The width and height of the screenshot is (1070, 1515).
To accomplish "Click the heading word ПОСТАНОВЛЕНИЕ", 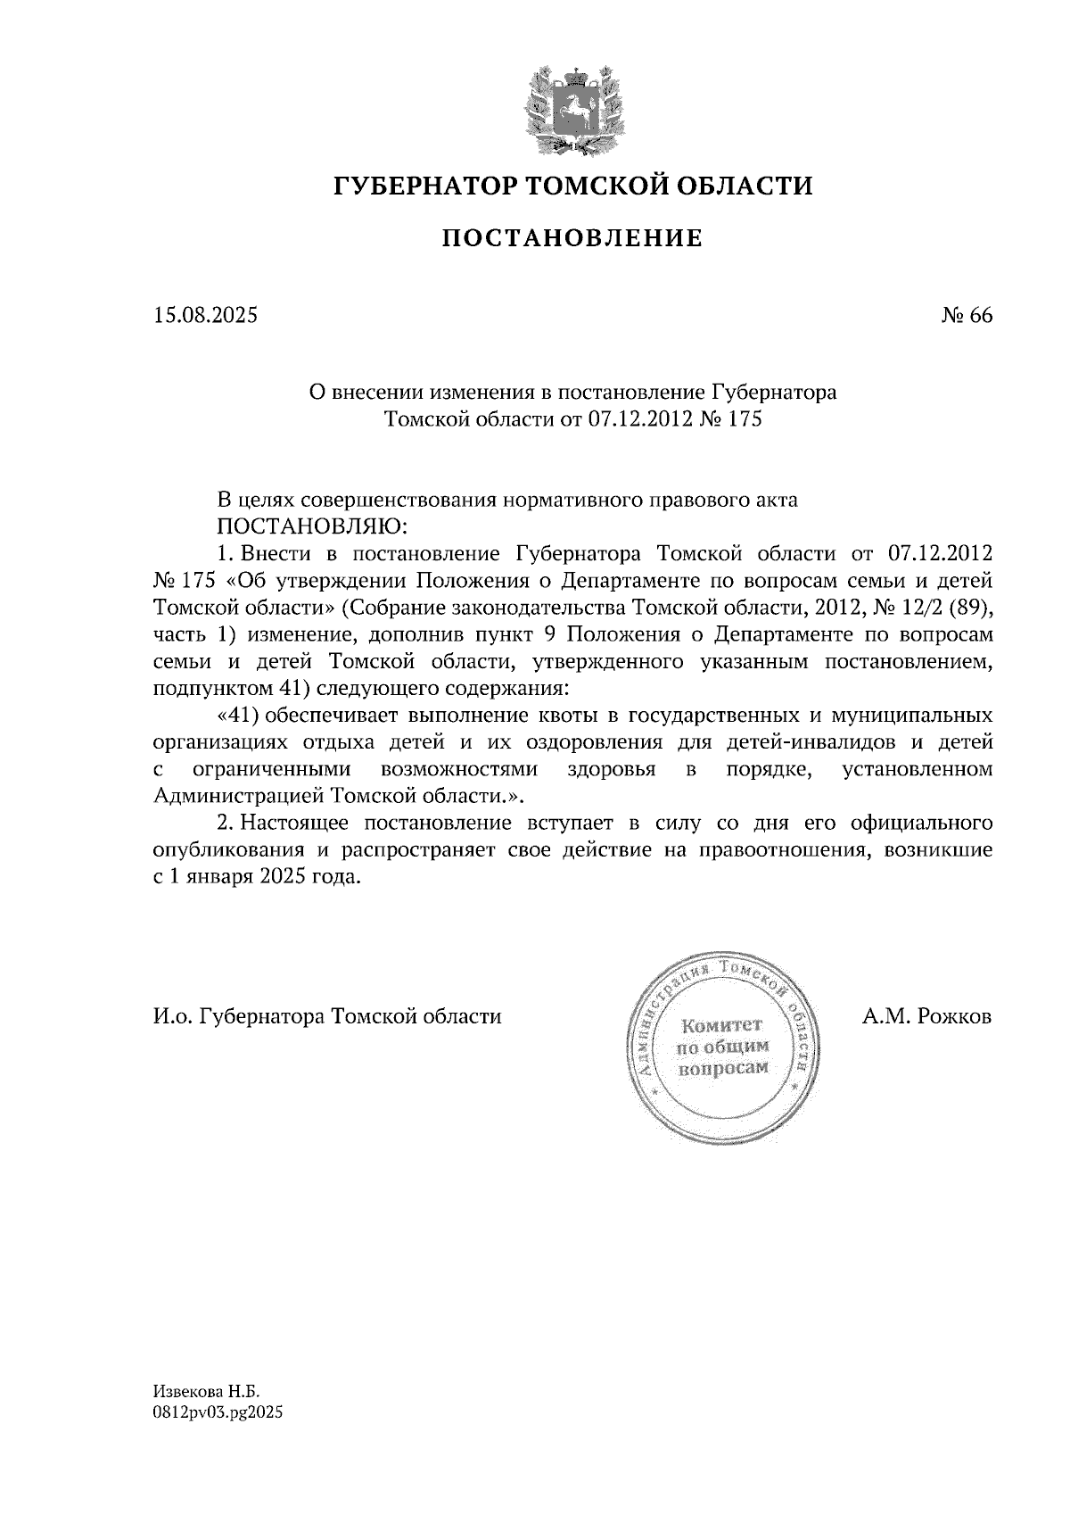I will pos(572,238).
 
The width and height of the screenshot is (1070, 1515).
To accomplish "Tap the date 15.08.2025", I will pos(205,315).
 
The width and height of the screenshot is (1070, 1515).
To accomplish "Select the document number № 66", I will pos(966,316).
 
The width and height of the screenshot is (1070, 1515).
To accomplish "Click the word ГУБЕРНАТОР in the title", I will pos(422,186).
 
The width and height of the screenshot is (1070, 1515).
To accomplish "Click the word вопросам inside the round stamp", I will pos(723,1068).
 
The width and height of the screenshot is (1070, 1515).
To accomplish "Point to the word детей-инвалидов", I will pos(808,742).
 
